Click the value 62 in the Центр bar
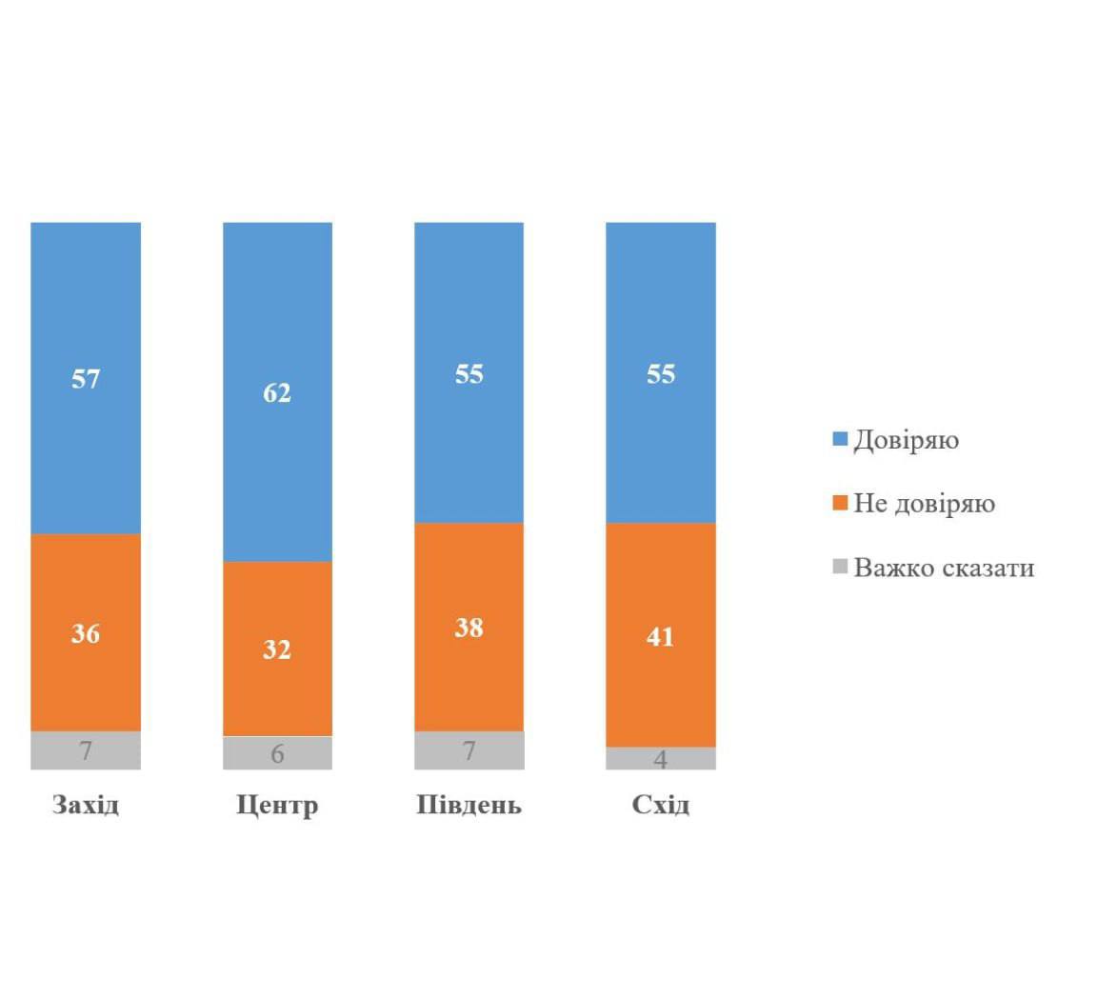point(277,392)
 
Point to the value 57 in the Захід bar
point(86,379)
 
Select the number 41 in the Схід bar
point(660,636)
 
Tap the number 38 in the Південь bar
point(469,628)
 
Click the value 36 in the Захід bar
point(86,633)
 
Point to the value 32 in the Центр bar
point(277,649)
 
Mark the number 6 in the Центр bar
point(277,754)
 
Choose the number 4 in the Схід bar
point(660,760)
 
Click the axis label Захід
point(86,806)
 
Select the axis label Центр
point(277,806)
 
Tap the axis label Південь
point(469,806)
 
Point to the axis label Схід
point(660,806)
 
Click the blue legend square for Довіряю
point(840,440)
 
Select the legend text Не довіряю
point(924,504)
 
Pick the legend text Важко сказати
point(943,569)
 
